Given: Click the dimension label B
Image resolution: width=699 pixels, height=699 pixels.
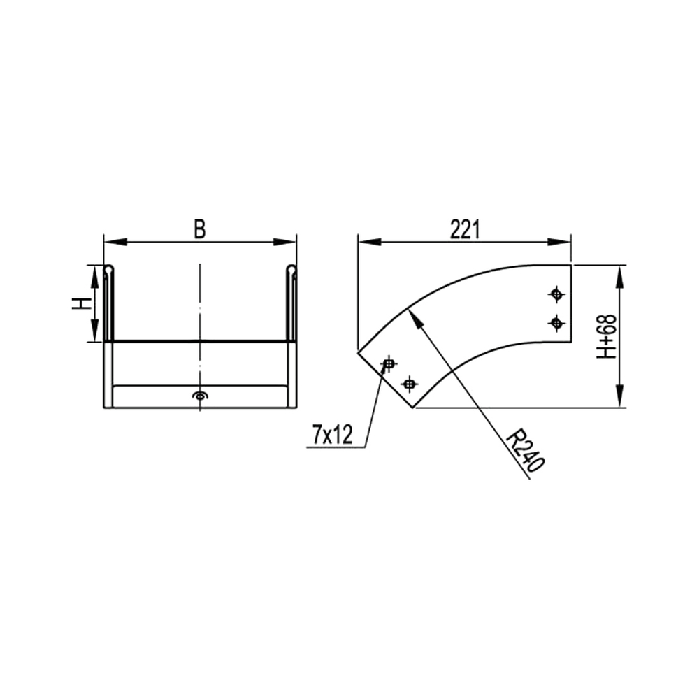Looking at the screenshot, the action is point(200,229).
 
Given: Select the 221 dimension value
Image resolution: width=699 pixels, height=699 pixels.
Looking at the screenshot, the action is point(465,230).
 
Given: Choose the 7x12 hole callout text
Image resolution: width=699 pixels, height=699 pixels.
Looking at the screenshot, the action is point(333,435).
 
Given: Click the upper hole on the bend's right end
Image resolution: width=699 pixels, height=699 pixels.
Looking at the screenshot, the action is point(556,294).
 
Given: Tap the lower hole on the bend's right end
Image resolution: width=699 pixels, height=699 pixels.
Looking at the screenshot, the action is point(556,322).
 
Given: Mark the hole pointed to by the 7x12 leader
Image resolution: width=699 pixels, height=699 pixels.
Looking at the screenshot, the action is point(389,364).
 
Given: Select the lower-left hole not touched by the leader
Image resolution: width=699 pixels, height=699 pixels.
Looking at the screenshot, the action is point(409,383).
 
